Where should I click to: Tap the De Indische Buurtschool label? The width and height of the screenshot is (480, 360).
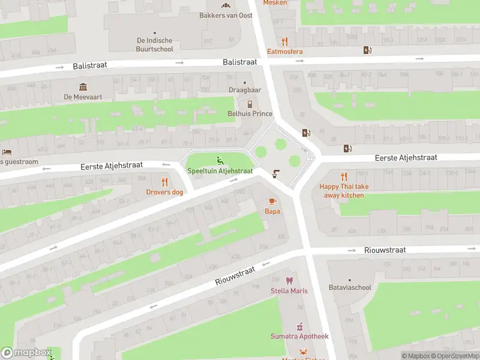[155, 45]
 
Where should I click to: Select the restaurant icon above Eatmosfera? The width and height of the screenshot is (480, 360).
[285, 41]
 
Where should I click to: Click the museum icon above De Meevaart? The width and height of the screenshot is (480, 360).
[82, 86]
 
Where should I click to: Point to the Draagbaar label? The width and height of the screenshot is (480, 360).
[245, 90]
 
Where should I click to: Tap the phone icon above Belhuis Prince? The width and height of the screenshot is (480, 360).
[250, 104]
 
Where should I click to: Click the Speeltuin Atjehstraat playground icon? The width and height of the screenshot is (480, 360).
[220, 160]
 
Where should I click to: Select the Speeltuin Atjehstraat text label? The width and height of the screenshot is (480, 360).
[220, 171]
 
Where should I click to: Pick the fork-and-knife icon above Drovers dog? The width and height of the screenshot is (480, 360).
[165, 182]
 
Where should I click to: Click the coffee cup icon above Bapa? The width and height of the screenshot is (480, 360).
[272, 201]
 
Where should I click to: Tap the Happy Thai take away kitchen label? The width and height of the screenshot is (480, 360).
[344, 191]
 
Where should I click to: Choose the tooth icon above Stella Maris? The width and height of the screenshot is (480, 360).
[289, 280]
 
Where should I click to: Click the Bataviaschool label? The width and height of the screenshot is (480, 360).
[350, 287]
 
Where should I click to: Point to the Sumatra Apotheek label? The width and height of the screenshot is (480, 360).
[299, 337]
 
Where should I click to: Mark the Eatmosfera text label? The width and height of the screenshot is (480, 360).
[285, 52]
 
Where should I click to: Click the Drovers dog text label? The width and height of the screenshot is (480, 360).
[165, 192]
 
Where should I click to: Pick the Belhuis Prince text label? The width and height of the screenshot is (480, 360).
[250, 114]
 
